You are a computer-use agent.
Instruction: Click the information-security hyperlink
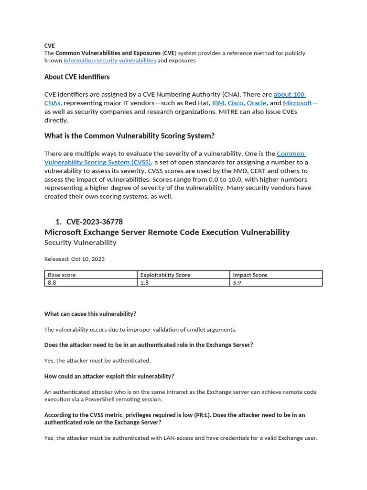(x=90, y=61)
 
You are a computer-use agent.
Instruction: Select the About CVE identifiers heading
(x=77, y=77)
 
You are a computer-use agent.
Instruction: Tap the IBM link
(x=218, y=103)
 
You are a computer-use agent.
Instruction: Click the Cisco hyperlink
(x=236, y=103)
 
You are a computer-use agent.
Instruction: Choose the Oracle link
(x=257, y=103)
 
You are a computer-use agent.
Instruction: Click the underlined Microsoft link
(x=297, y=103)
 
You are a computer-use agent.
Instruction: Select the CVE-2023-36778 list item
(x=95, y=222)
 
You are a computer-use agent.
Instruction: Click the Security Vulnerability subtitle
(x=80, y=243)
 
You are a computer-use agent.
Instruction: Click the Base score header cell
(x=62, y=275)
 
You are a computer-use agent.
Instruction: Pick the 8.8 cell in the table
(x=52, y=283)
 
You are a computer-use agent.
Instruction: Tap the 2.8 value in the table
(x=144, y=283)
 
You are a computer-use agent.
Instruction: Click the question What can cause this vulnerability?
(x=90, y=314)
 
